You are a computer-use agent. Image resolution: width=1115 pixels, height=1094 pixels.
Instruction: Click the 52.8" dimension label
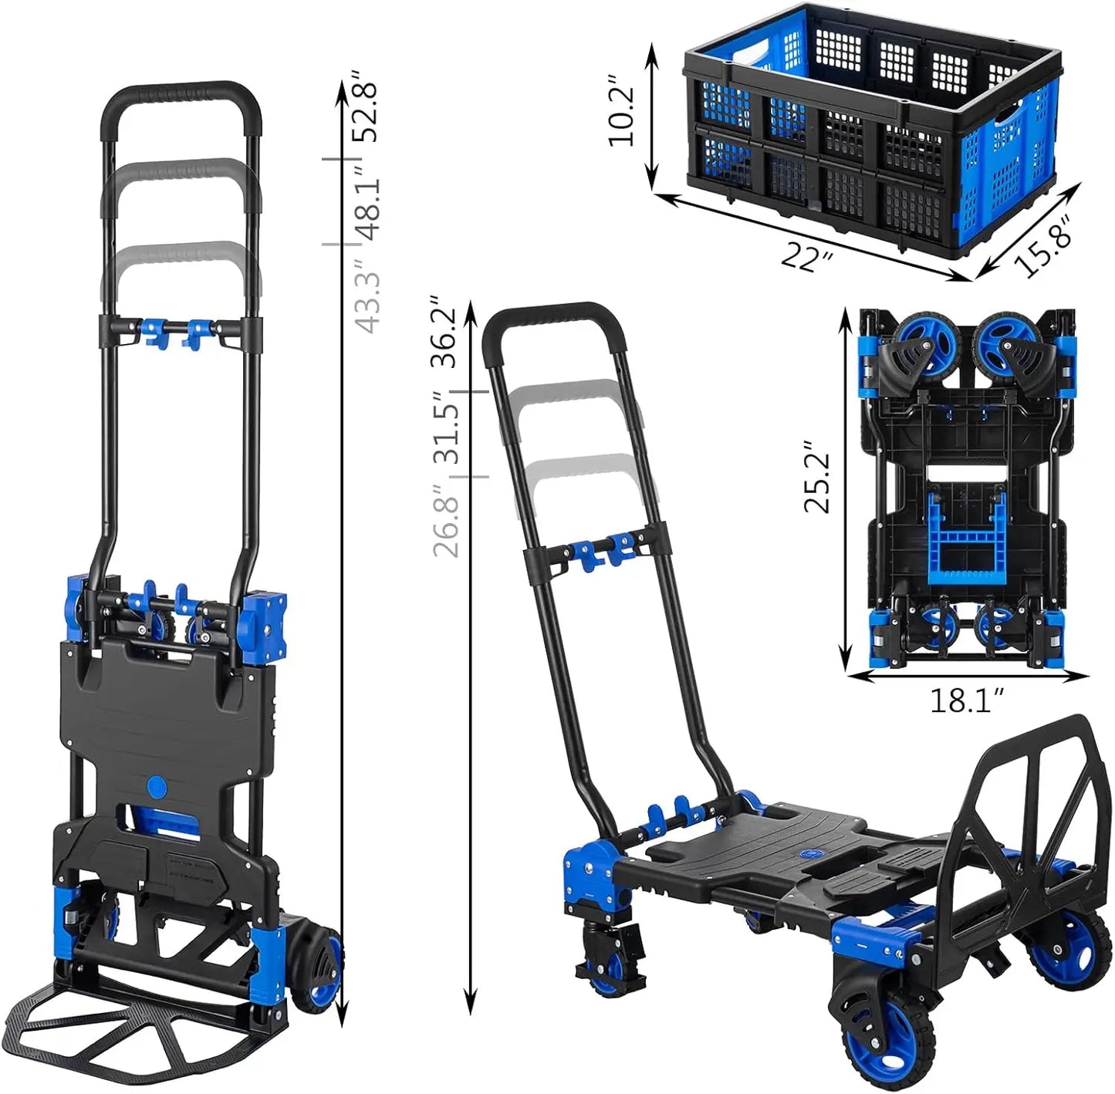coord(367,106)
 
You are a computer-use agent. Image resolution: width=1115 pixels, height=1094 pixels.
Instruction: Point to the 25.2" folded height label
coord(817,476)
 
